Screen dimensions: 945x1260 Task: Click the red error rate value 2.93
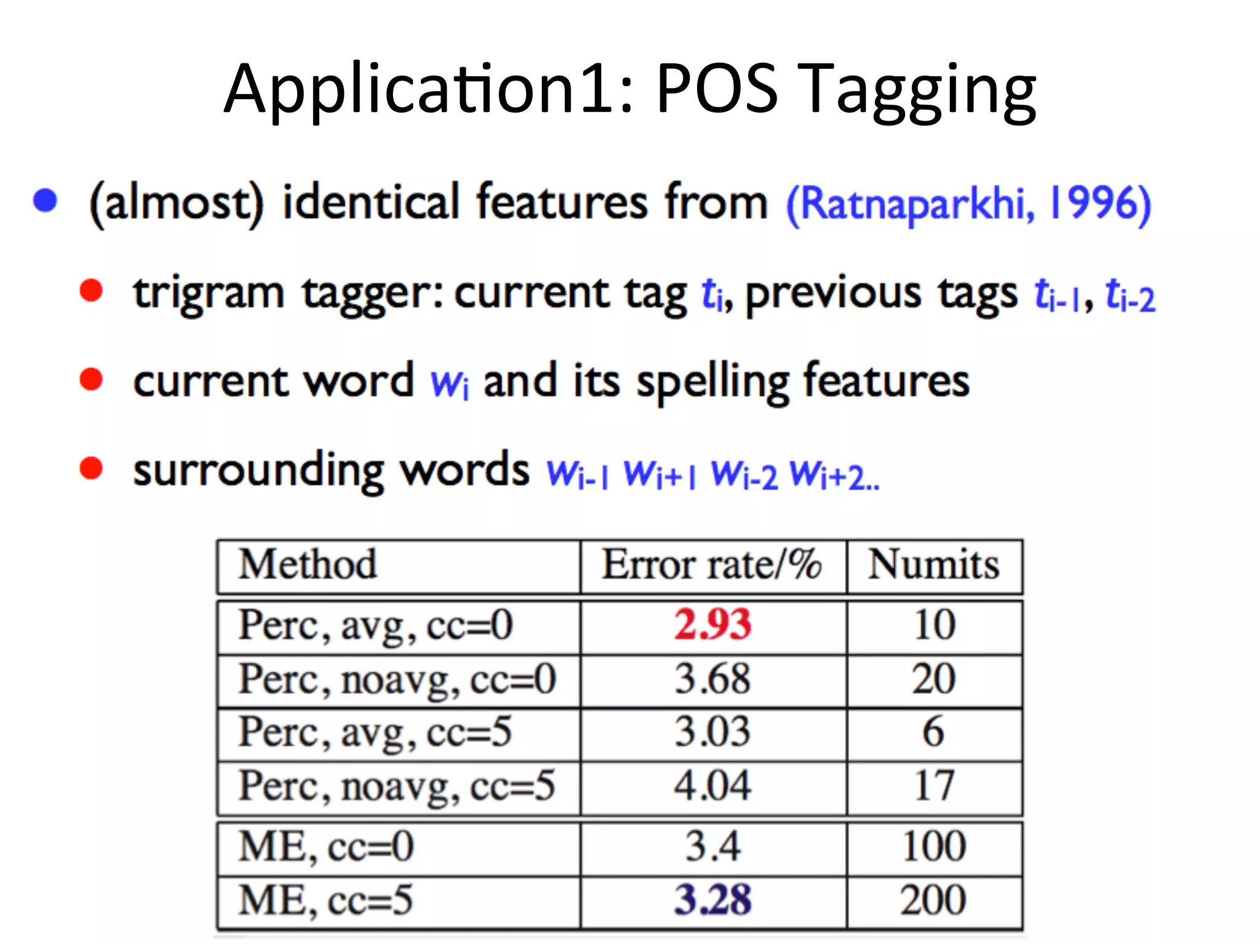[x=712, y=624]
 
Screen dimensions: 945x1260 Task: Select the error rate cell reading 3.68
[x=712, y=679]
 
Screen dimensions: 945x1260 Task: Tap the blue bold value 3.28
[x=712, y=899]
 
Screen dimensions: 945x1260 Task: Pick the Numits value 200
[x=933, y=899]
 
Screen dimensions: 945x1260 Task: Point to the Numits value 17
[x=934, y=786]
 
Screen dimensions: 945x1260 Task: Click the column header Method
[x=308, y=564]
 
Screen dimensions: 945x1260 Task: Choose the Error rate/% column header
[x=711, y=564]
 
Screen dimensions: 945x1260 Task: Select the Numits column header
[x=933, y=564]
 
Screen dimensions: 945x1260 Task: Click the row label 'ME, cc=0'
[x=326, y=847]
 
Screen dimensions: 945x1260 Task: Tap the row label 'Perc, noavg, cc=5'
[x=397, y=786]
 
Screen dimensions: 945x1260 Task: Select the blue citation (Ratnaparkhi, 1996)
[x=968, y=204]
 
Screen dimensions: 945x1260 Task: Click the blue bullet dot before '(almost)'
[x=46, y=201]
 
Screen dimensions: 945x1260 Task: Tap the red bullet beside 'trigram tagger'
[x=91, y=290]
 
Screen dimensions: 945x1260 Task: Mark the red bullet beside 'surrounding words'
[x=91, y=468]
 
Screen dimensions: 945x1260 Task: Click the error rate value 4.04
[x=712, y=786]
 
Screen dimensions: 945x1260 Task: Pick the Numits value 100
[x=934, y=847]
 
